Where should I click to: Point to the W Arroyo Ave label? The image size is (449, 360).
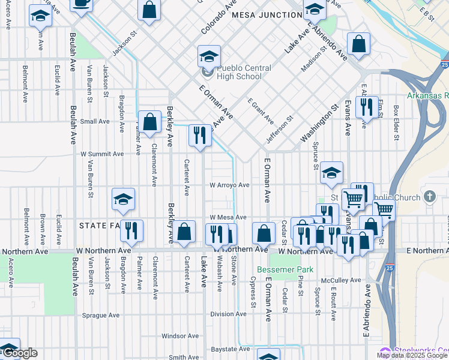pyautogui.click(x=229, y=185)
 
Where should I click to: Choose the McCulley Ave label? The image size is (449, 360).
pyautogui.click(x=340, y=280)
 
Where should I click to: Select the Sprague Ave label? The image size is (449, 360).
pyautogui.click(x=101, y=315)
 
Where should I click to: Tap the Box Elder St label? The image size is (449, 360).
pyautogui.click(x=396, y=123)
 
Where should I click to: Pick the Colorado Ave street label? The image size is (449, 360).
pyautogui.click(x=218, y=17)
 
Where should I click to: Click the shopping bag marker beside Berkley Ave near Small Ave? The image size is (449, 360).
pyautogui.click(x=150, y=122)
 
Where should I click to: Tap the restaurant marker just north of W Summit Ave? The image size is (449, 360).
pyautogui.click(x=200, y=135)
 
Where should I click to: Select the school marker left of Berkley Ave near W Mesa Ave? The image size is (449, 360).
pyautogui.click(x=123, y=199)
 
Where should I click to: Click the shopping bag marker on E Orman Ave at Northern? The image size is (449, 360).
pyautogui.click(x=263, y=233)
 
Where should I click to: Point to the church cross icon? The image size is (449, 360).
pyautogui.click(x=429, y=197)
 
